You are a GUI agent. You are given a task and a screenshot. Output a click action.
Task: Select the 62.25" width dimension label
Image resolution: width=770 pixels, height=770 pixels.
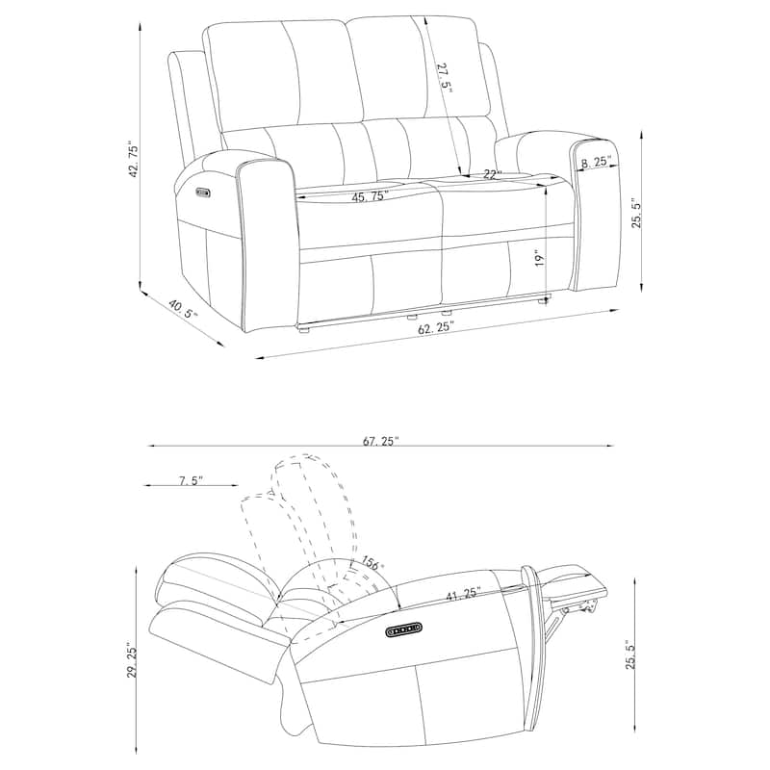436,328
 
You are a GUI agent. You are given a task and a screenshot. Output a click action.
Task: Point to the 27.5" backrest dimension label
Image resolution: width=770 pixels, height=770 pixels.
444,77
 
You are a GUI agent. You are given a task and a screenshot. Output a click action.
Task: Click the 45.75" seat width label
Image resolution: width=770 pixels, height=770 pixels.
369,196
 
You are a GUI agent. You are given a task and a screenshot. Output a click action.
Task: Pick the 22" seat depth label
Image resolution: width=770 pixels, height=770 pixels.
493,174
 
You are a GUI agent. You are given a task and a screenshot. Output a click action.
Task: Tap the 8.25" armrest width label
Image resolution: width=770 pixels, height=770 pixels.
596,163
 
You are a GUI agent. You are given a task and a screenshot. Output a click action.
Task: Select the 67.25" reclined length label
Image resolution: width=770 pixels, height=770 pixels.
381,442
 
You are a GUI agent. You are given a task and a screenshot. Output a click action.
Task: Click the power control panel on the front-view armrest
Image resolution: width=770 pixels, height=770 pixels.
202,192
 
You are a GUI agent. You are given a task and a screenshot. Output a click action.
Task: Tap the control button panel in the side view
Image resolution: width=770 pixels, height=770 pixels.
404,630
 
